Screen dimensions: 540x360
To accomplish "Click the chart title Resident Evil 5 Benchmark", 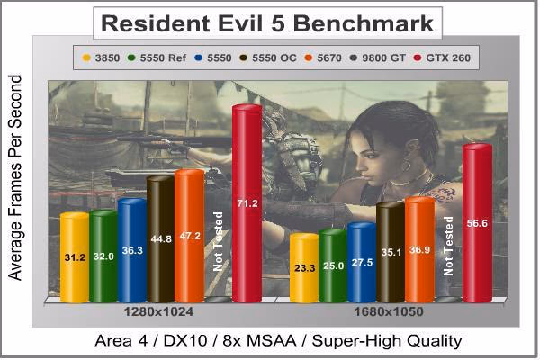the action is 267,23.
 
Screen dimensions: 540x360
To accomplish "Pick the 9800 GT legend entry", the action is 377,58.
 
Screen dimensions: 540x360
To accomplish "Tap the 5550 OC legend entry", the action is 268,58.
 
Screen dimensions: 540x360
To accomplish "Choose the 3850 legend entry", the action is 101,58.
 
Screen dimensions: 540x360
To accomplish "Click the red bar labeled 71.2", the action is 247,203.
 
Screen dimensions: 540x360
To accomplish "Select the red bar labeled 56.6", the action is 477,223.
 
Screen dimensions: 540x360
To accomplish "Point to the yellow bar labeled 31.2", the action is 75,257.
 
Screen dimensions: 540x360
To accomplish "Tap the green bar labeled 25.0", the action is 333,265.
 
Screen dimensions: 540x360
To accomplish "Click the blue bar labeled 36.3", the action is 132,250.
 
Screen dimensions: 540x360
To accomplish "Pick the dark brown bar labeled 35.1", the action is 391,253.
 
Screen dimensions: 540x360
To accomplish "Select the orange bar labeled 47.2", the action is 190,236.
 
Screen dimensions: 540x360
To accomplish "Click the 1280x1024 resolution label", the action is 158,312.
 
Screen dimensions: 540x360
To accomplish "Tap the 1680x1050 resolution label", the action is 389,312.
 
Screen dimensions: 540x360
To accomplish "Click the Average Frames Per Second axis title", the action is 14,177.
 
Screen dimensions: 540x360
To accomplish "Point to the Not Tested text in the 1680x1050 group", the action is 448,246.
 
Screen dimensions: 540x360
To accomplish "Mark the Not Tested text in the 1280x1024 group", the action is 219,241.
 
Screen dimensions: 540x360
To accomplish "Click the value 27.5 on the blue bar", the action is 362,263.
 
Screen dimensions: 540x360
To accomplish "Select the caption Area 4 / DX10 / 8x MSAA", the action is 195,341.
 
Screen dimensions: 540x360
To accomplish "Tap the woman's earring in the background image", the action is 407,164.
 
